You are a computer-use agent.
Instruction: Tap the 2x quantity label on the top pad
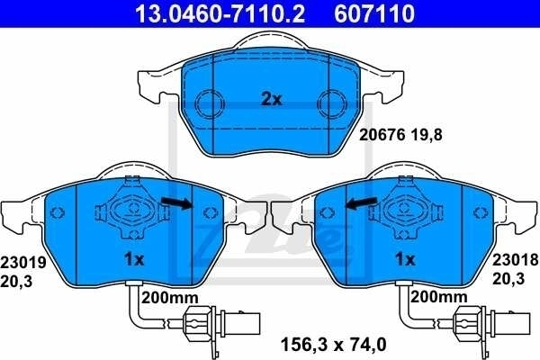(271, 100)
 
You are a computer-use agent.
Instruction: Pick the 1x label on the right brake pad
(404, 259)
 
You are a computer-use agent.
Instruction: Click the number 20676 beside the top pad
(379, 138)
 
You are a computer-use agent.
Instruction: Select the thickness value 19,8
(425, 138)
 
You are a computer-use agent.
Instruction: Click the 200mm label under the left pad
(169, 296)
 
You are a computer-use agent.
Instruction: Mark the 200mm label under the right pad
(439, 296)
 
